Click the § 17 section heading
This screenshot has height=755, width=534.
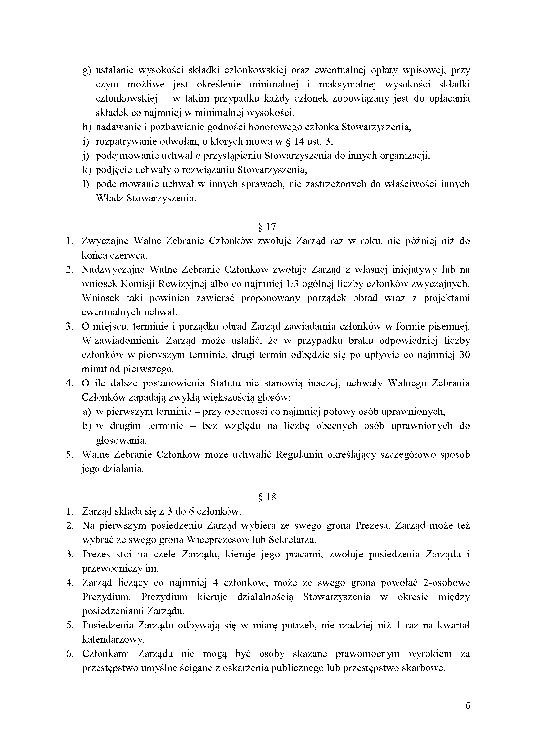coord(267,227)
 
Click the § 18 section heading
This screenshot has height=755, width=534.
coord(267,497)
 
